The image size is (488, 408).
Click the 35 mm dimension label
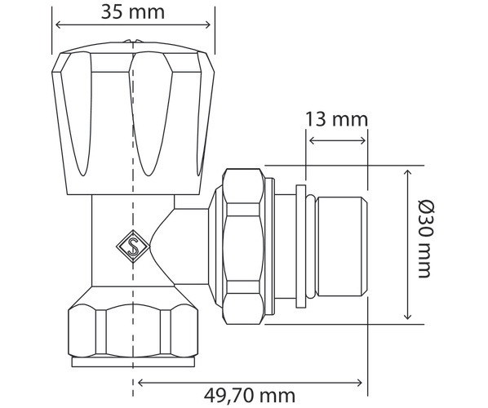tap(133, 12)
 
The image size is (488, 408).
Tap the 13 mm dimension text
tap(336, 119)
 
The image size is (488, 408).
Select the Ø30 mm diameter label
tap(425, 239)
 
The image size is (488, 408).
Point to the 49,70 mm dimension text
tap(250, 396)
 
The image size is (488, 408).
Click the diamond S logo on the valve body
tap(133, 246)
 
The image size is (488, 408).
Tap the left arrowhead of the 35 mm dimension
tap(58, 25)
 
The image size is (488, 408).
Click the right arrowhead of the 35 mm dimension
tap(208, 25)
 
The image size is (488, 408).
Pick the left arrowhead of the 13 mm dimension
tap(312, 140)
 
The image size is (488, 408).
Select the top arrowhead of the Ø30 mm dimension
tap(407, 173)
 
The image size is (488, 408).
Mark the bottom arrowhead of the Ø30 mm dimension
tap(407, 316)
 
